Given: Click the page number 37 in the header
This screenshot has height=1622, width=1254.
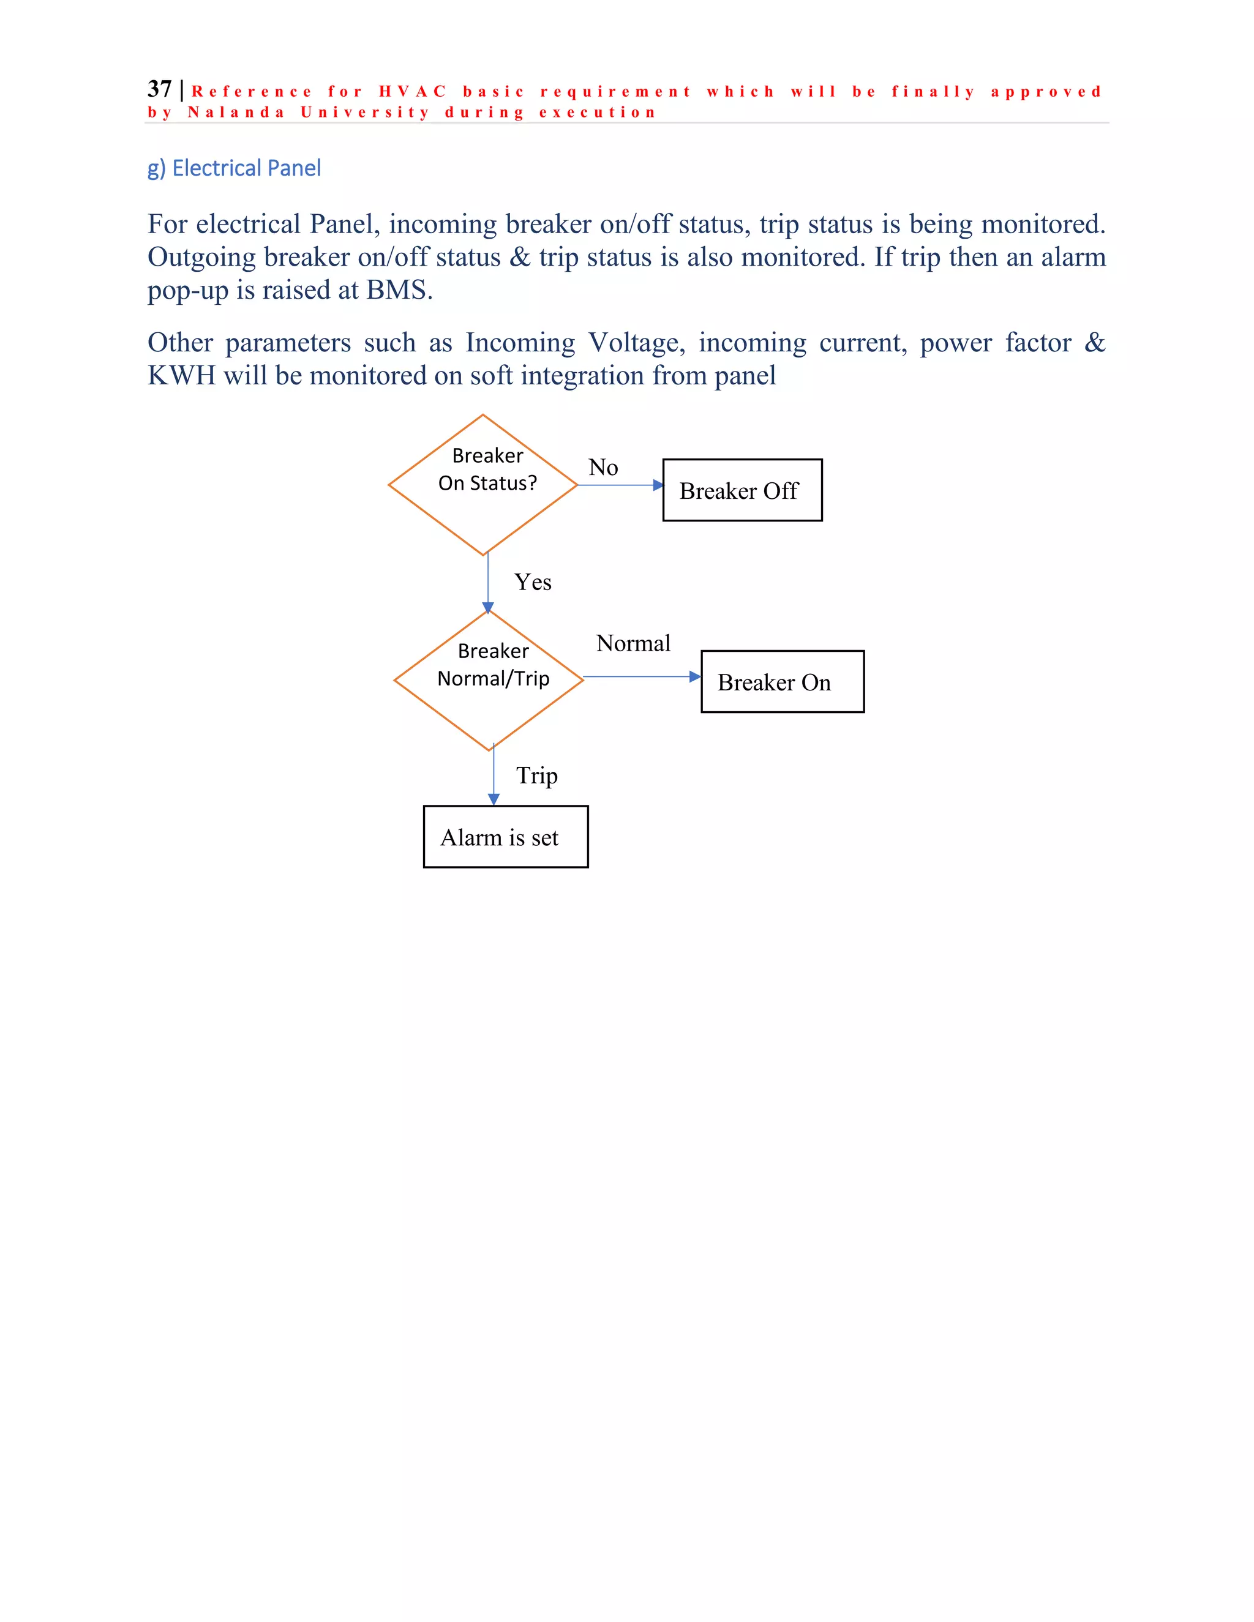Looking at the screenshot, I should (x=159, y=89).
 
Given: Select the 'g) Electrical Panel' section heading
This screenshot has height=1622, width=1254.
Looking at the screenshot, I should (x=234, y=168).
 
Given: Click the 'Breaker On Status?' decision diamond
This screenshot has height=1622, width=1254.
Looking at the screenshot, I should (x=483, y=484).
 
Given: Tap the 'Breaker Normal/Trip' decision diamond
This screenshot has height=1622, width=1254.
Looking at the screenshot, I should (x=489, y=679).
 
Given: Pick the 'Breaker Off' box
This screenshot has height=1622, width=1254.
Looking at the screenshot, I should (x=742, y=490).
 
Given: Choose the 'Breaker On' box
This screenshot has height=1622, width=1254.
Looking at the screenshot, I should (x=783, y=682).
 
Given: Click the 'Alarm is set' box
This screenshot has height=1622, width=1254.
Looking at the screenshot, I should (x=505, y=837).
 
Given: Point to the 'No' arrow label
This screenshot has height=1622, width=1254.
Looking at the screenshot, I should (x=603, y=467).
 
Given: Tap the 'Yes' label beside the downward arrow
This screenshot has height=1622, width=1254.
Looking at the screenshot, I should (x=533, y=582).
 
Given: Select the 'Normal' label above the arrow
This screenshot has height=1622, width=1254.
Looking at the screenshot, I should (x=633, y=643).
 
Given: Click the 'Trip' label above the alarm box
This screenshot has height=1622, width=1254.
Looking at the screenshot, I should (x=536, y=775).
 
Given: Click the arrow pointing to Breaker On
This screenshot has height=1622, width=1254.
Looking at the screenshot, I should (x=642, y=676).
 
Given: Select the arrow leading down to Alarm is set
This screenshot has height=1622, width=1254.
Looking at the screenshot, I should (x=494, y=776).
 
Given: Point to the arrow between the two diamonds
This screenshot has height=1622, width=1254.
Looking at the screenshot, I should (x=488, y=583).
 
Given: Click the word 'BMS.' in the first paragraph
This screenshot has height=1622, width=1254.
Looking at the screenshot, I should (x=400, y=290).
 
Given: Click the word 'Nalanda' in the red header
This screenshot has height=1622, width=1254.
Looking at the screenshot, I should (x=236, y=113).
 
